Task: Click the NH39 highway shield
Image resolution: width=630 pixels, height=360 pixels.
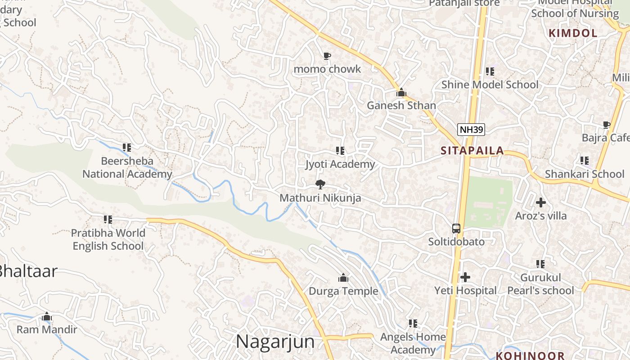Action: coord(471,130)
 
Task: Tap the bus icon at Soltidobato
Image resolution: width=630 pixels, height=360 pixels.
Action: coord(456,229)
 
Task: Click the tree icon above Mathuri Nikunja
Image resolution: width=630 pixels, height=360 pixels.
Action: coord(320,184)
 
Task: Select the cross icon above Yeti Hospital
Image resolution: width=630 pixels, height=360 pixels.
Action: coord(465,277)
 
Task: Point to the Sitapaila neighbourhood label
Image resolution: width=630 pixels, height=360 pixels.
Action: coord(472,151)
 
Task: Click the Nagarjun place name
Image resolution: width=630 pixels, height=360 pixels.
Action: coord(275,341)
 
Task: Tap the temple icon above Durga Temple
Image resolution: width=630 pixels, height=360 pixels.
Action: coord(343,278)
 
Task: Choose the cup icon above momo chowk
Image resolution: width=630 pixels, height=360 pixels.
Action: coord(327,56)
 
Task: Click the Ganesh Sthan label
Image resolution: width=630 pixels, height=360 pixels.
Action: coord(401,105)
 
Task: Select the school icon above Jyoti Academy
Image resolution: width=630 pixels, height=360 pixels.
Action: coord(340,151)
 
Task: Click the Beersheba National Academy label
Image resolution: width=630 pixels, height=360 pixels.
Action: coord(127,167)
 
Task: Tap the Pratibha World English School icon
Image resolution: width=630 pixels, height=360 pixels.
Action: coord(108,220)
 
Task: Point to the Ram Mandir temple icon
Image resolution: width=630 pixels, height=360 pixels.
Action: coord(47,317)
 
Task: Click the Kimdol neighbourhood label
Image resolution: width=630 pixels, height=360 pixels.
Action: coord(573,33)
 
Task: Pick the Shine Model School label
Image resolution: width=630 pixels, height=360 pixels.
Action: coord(490,85)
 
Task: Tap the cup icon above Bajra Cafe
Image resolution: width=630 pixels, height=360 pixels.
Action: coord(606,125)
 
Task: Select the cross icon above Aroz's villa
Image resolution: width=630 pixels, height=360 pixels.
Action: coord(541,202)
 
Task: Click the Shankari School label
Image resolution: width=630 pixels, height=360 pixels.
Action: coord(585,174)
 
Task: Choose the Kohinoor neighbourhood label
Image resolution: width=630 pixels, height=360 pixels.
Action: coord(530,355)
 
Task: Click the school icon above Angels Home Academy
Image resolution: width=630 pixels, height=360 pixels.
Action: coord(413,323)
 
